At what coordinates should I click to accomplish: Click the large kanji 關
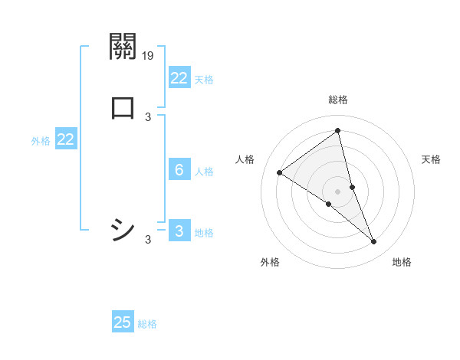(x=123, y=47)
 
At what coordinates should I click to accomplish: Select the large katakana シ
(x=123, y=229)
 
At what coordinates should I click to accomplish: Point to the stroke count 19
(x=148, y=55)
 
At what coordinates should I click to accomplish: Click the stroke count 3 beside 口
(x=148, y=117)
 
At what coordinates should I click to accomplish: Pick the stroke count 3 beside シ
(x=148, y=240)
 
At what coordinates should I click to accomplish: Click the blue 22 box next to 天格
(x=179, y=78)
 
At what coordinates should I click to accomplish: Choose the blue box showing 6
(x=179, y=170)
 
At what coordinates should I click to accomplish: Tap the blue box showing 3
(x=179, y=231)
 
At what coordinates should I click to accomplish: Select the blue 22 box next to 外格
(x=66, y=139)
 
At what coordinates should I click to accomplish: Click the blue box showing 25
(x=123, y=322)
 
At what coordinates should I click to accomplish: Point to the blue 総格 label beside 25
(x=147, y=324)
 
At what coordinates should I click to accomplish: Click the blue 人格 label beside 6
(x=204, y=172)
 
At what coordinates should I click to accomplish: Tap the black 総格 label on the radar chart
(x=338, y=100)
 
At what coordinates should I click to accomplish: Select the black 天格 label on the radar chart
(x=432, y=159)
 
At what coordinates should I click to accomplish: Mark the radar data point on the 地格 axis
(x=374, y=242)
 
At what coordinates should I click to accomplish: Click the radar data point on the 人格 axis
(x=280, y=172)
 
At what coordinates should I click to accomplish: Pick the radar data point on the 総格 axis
(x=338, y=131)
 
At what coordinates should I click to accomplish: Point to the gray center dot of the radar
(x=338, y=191)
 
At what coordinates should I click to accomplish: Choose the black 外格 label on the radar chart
(x=270, y=263)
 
